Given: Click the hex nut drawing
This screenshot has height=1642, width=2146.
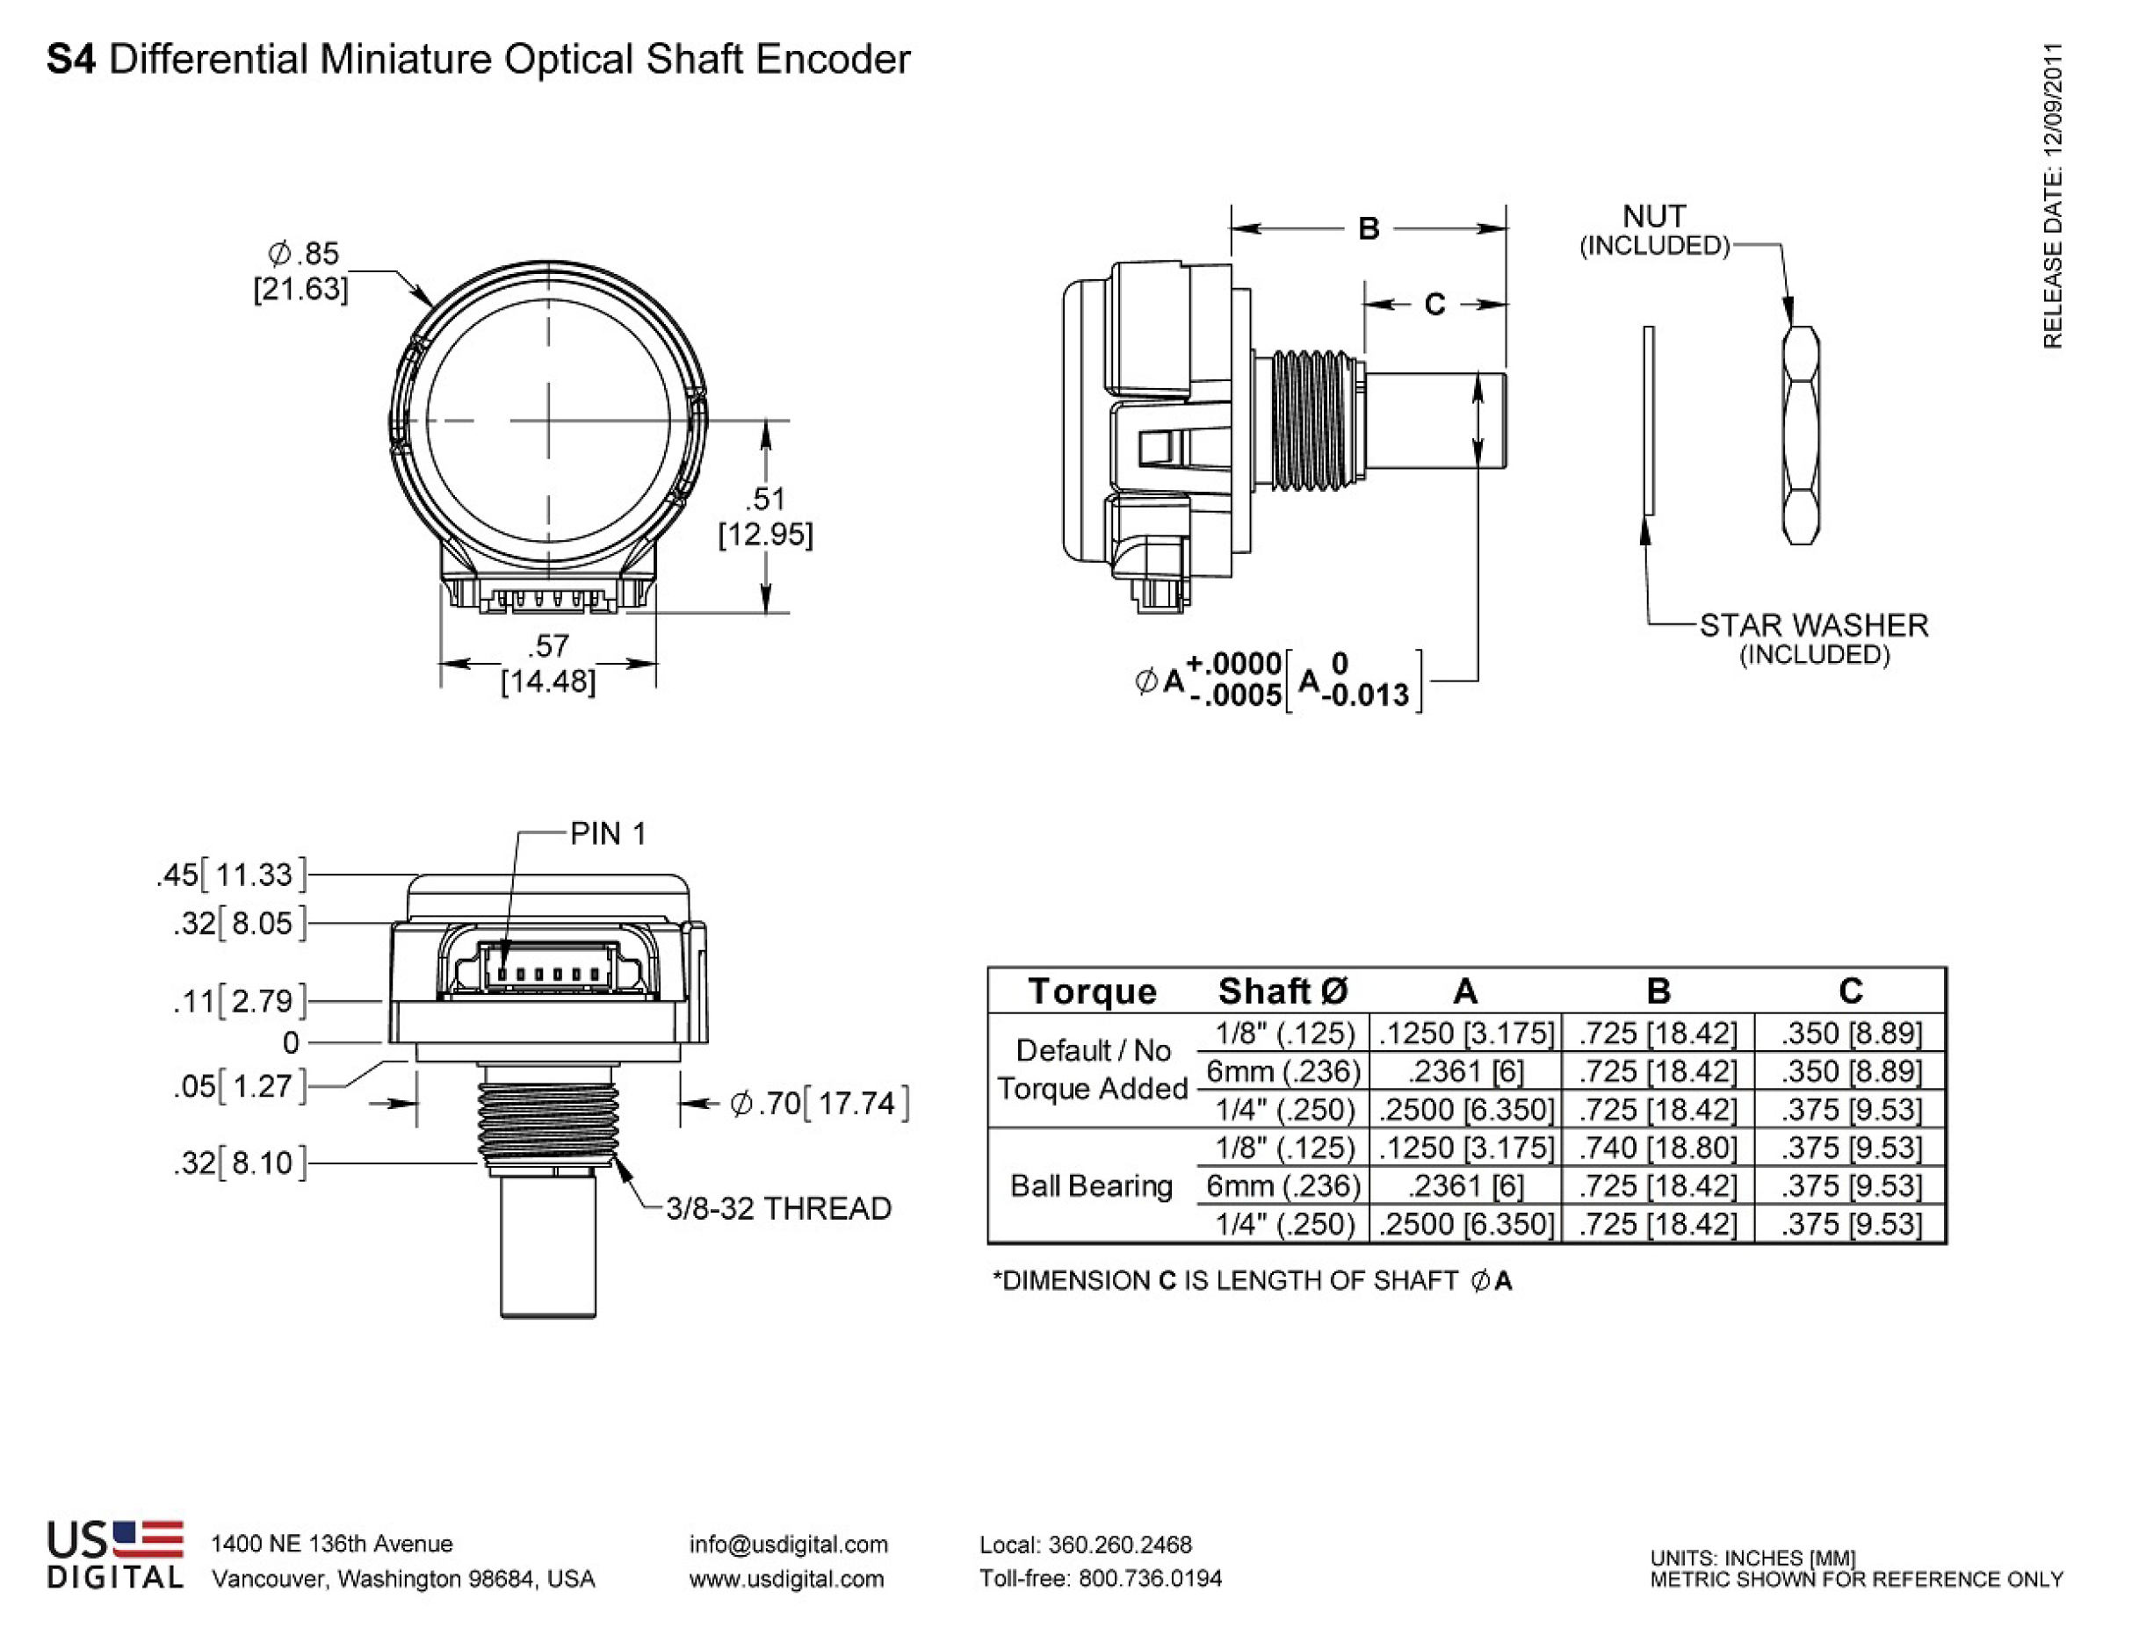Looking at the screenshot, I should pyautogui.click(x=1801, y=436).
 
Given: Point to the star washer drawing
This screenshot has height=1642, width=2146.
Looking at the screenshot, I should pyautogui.click(x=1650, y=421).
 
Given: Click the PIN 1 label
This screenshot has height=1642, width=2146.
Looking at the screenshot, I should pyautogui.click(x=607, y=833).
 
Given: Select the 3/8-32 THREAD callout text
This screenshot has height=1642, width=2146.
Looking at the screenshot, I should pyautogui.click(x=778, y=1209).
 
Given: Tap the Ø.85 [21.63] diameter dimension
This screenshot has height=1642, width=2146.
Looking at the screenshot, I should pyautogui.click(x=302, y=270).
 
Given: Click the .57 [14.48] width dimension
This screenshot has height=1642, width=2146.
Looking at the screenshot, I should pyautogui.click(x=547, y=664).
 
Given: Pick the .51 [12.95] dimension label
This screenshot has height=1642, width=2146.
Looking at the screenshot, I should pyautogui.click(x=764, y=516).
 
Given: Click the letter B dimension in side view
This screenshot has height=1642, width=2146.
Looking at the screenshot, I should pyautogui.click(x=1368, y=228).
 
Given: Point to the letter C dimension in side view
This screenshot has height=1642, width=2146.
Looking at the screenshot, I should pyautogui.click(x=1434, y=305).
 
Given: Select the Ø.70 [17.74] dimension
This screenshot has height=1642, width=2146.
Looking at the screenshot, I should pyautogui.click(x=820, y=1104).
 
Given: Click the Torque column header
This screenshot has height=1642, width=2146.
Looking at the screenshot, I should pyautogui.click(x=1091, y=991).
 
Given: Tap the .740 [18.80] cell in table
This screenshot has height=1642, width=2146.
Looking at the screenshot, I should pyautogui.click(x=1658, y=1148).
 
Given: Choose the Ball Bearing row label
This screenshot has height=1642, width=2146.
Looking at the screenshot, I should pyautogui.click(x=1091, y=1185).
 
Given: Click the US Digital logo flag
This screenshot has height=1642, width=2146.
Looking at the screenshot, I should pyautogui.click(x=148, y=1539).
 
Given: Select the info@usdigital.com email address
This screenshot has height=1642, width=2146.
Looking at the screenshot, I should pyautogui.click(x=788, y=1545).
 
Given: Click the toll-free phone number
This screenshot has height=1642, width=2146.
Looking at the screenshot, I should pyautogui.click(x=1100, y=1579).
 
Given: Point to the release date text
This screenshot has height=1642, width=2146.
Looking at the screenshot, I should pyautogui.click(x=2052, y=196).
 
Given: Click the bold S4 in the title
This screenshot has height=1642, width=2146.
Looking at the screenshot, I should pyautogui.click(x=71, y=60).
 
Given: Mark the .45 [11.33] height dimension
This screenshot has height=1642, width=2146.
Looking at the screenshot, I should pyautogui.click(x=232, y=874).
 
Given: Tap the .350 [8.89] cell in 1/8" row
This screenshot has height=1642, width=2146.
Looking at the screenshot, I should pyautogui.click(x=1850, y=1033).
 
